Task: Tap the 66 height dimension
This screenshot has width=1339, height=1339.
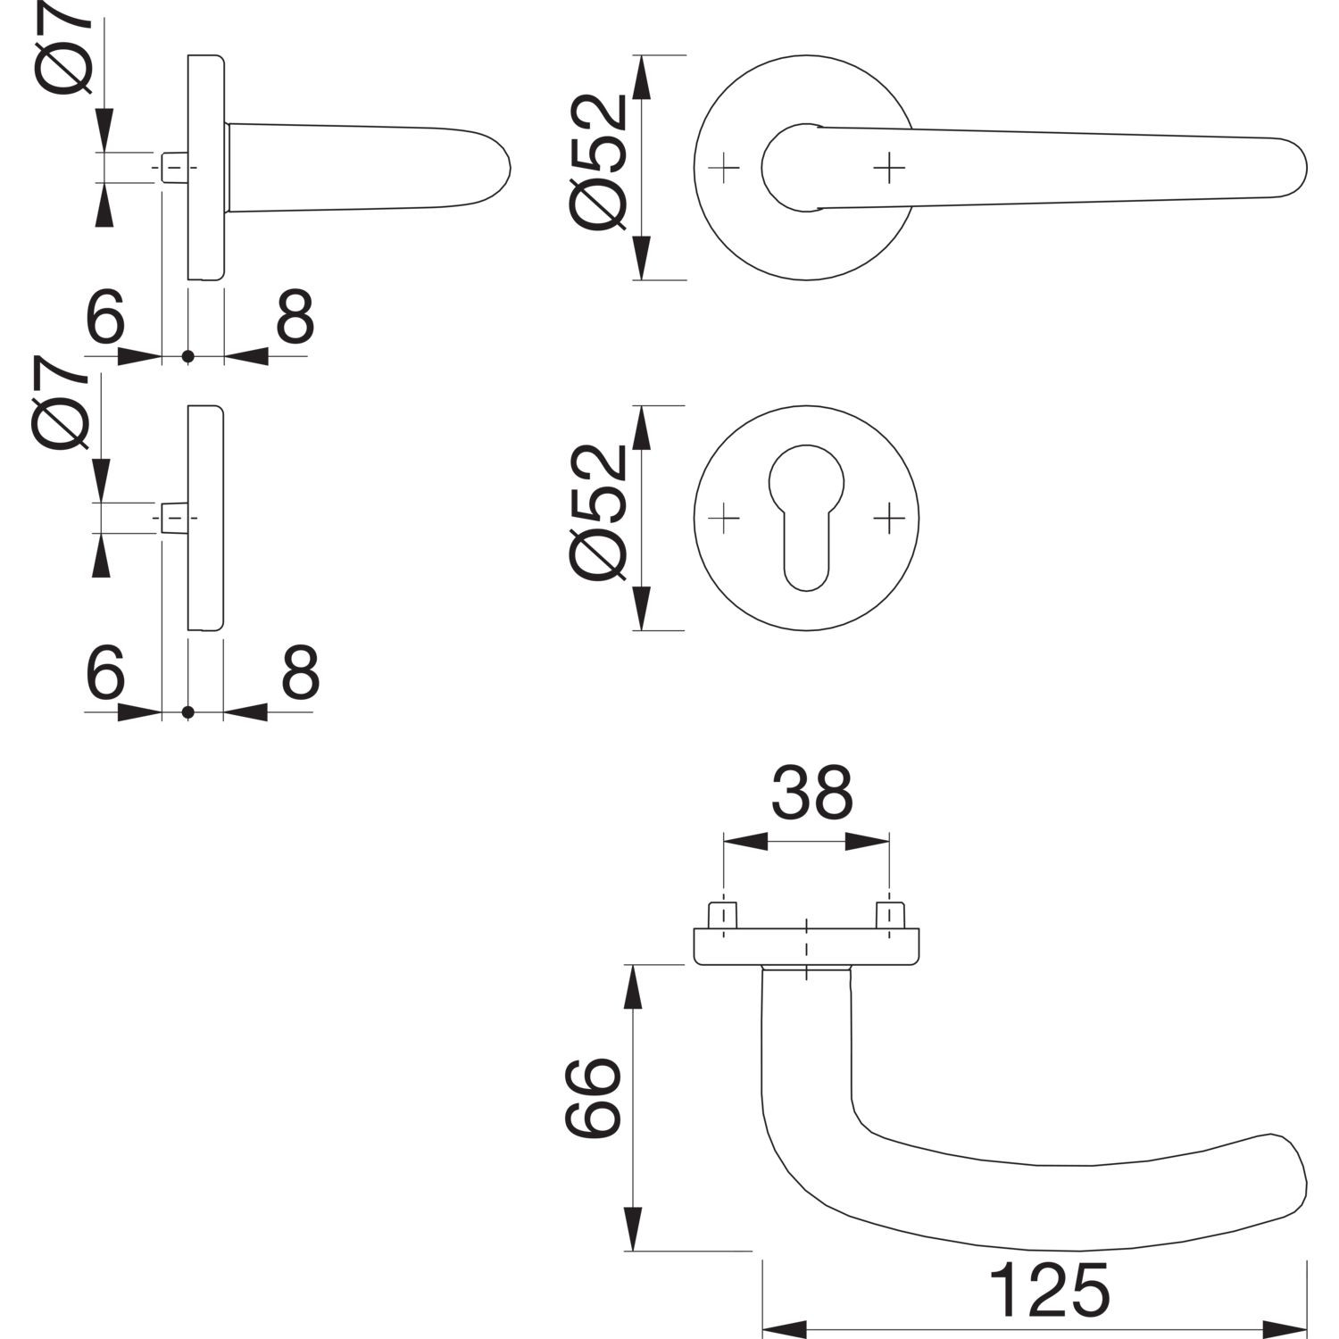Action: (x=593, y=1098)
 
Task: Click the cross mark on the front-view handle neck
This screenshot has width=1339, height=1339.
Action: (x=889, y=167)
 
